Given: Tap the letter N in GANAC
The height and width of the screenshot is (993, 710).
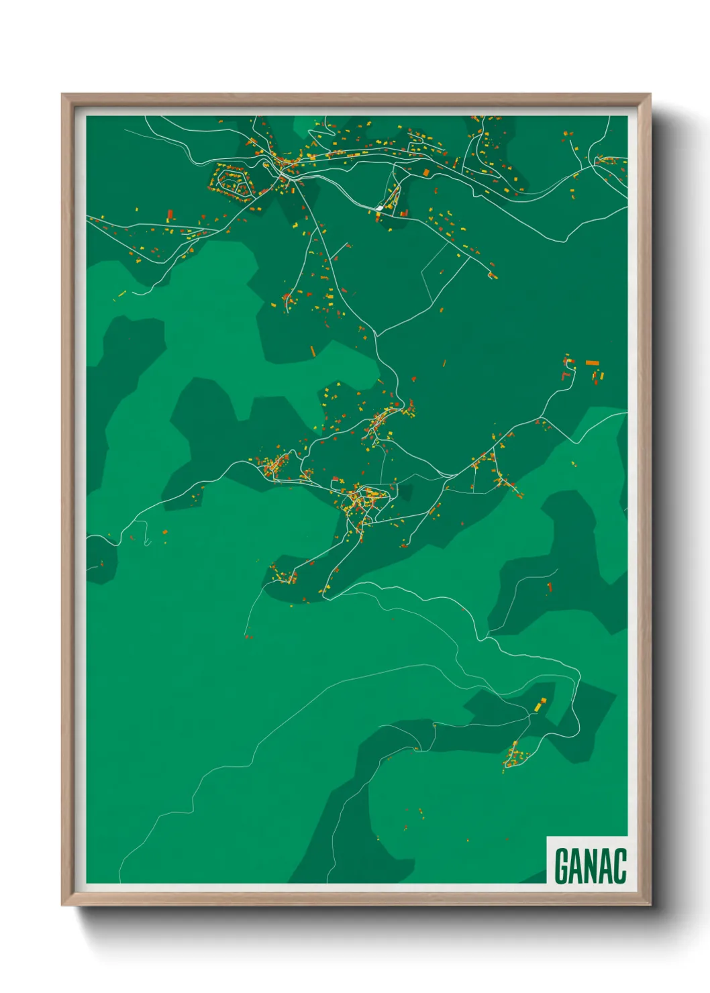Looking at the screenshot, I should click(x=591, y=866).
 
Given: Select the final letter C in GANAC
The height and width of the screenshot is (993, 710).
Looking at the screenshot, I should click(x=619, y=866).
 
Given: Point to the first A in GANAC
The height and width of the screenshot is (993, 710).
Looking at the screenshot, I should click(x=576, y=866).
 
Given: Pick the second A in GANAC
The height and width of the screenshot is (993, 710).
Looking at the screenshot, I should click(x=605, y=866).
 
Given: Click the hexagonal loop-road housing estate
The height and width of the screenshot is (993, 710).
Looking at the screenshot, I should click(x=232, y=180).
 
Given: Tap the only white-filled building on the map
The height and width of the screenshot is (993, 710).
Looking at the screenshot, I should click(x=381, y=209).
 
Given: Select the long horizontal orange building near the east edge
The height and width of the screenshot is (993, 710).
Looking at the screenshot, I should click(x=592, y=363).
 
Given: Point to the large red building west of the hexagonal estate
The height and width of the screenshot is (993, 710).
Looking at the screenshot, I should click(x=170, y=215).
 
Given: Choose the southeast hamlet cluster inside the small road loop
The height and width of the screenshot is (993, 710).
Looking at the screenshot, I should click(x=515, y=757).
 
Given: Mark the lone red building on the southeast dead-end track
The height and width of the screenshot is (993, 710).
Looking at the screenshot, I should click(x=550, y=587).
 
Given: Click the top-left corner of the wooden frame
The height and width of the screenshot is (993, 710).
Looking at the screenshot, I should click(x=62, y=95).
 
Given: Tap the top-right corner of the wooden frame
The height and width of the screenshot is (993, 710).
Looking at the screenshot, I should click(x=650, y=95).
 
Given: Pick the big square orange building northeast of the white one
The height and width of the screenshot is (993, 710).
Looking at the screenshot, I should click(x=405, y=213).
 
